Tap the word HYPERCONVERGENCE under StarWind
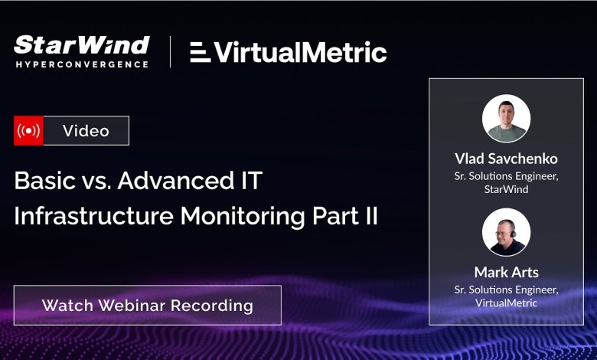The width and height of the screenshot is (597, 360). tap(81, 64)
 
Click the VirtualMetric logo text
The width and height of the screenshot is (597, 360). tap(301, 52)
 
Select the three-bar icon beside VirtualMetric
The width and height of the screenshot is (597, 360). tap(200, 52)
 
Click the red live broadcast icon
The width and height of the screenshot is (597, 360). tap(29, 131)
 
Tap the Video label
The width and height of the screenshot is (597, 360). tap(86, 131)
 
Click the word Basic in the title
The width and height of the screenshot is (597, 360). tap(40, 182)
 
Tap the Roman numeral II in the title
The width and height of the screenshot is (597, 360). tap(369, 216)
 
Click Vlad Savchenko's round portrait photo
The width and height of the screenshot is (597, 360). tap(506, 119)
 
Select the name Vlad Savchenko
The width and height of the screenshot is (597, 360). tap(506, 159)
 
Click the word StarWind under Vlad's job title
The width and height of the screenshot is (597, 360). tap(506, 189)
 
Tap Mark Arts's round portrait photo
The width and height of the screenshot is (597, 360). tap(506, 232)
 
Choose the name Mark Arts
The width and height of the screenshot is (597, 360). tap(506, 272)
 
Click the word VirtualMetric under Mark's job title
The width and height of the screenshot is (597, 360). tap(506, 303)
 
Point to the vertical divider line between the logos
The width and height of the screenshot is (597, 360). tap(169, 52)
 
